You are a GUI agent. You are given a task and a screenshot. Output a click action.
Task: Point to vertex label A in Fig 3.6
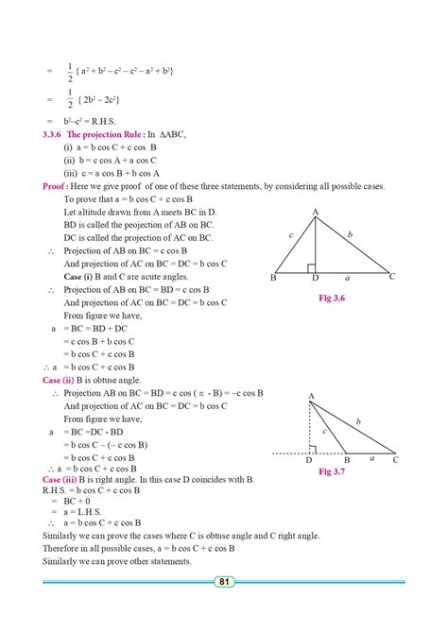click(314, 213)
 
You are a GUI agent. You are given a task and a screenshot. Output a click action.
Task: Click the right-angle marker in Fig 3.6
click(316, 269)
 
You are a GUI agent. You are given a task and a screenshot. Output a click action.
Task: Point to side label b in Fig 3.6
click(351, 233)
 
